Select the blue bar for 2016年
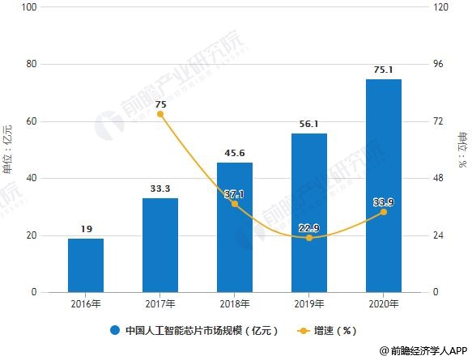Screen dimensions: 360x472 85,265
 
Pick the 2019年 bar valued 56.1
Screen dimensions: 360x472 308,213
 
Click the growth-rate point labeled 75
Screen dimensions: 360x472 160,114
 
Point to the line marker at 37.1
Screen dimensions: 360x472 235,204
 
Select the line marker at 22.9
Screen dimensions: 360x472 308,238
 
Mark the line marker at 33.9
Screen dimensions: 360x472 383,212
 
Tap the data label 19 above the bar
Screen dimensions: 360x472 86,229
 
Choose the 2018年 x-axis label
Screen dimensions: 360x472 235,303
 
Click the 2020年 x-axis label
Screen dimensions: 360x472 383,303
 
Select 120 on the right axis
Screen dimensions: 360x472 441,7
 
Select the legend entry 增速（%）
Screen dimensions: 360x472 334,330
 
